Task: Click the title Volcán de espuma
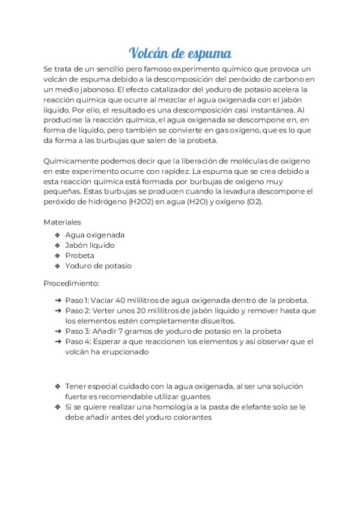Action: pyautogui.click(x=180, y=53)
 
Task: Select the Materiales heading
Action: pyautogui.click(x=62, y=222)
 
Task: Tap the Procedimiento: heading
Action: pyautogui.click(x=72, y=283)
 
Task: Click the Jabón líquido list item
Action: pyautogui.click(x=90, y=245)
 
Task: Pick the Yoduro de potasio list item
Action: pyautogui.click(x=98, y=266)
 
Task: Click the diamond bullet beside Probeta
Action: pyautogui.click(x=57, y=256)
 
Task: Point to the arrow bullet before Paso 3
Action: pyautogui.click(x=57, y=331)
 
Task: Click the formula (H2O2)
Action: pyautogui.click(x=142, y=202)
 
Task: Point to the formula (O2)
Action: pyautogui.click(x=254, y=202)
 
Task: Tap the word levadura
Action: pyautogui.click(x=243, y=192)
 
